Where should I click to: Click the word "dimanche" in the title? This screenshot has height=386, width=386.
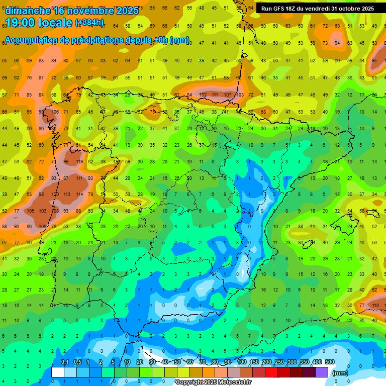coord(28,11)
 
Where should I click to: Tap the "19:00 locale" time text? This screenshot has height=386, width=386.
coord(38,22)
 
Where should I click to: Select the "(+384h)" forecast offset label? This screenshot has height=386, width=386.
coord(89,23)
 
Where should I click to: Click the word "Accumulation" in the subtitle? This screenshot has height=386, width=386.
coord(33,40)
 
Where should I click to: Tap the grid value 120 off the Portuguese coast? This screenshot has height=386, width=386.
coord(54,194)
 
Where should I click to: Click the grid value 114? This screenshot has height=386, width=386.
coord(78,194)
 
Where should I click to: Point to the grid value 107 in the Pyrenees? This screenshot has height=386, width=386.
coord(228,94)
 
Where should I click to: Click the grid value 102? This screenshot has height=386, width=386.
coord(203,94)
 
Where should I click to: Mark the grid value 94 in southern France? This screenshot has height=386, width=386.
coord(338,43)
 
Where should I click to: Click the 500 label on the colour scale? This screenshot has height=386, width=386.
coord(330,362)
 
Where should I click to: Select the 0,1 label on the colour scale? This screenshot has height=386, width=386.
coord(64,362)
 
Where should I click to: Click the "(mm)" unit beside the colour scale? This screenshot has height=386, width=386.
coord(340,373)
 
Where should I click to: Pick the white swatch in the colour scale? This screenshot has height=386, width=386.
coord(58,372)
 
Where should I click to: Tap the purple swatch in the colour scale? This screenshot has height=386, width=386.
coord(322,372)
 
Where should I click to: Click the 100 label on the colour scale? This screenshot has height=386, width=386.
coord(242,362)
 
